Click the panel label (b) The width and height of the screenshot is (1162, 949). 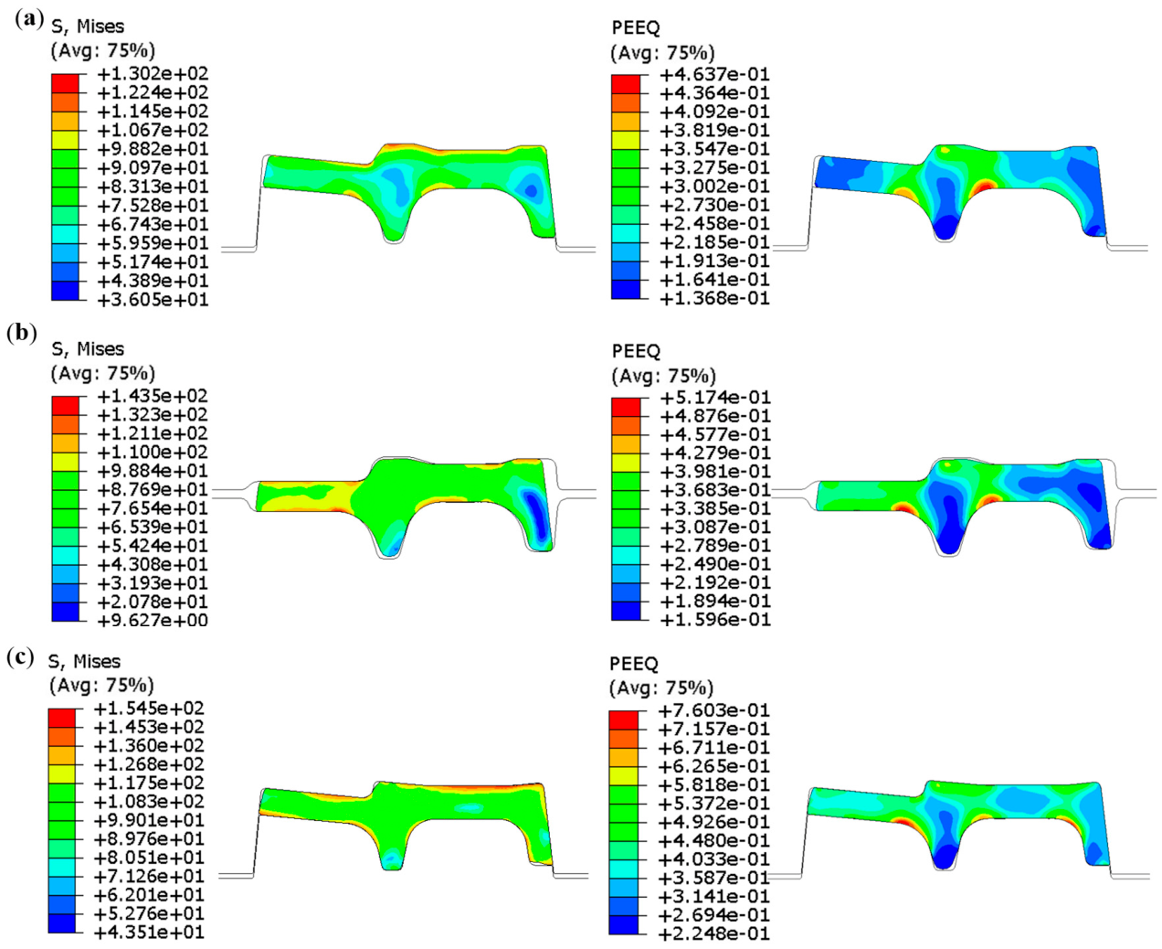click(x=22, y=334)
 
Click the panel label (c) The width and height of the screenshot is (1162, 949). click(x=20, y=658)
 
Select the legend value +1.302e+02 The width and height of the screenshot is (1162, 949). click(x=153, y=73)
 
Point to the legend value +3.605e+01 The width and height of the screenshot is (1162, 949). click(x=153, y=300)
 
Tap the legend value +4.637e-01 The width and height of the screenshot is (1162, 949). click(x=714, y=74)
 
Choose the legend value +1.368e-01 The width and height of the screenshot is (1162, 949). click(x=714, y=298)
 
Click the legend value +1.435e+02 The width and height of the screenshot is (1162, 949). click(x=153, y=396)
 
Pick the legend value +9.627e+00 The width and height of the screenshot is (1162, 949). click(x=153, y=621)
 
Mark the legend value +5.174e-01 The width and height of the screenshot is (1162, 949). click(x=715, y=397)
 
